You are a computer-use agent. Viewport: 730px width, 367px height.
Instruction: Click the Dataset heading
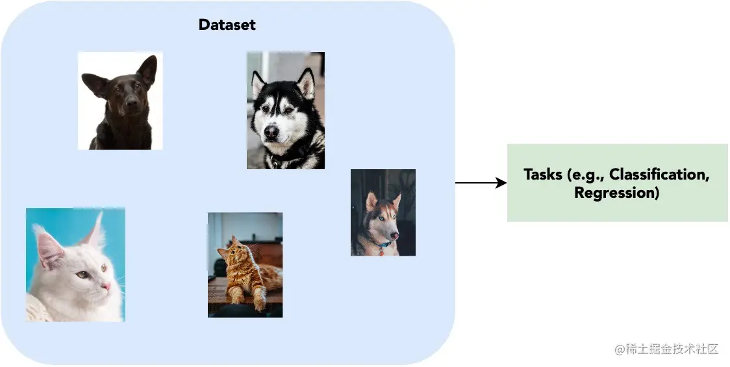coord(227,25)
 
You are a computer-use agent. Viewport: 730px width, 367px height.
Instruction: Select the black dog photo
coord(120,101)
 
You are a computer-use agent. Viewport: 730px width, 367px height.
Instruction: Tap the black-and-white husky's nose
coord(271,133)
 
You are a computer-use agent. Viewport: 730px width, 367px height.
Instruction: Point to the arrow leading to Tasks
coord(481,183)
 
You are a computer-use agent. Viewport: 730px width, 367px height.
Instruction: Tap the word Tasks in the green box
coord(544,174)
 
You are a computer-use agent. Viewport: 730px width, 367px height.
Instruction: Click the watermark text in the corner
coord(667,349)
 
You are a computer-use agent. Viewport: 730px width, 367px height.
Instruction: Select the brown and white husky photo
coord(383,212)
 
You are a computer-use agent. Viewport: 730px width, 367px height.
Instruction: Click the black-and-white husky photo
coord(285,111)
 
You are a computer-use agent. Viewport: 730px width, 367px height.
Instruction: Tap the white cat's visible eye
coord(82,274)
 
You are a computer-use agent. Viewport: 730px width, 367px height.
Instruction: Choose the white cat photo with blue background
coord(75,264)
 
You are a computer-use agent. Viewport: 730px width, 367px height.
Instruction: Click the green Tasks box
coord(617,183)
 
